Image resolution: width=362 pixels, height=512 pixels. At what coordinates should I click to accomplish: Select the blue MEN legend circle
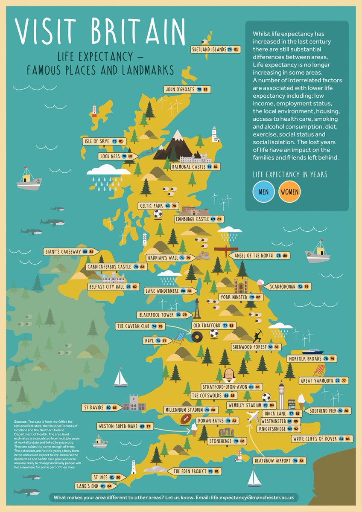[x=263, y=192]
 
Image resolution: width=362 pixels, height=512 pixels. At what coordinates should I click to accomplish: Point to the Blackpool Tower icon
[x=197, y=308]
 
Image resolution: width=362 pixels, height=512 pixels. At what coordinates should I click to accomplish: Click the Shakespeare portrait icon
[x=229, y=375]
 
